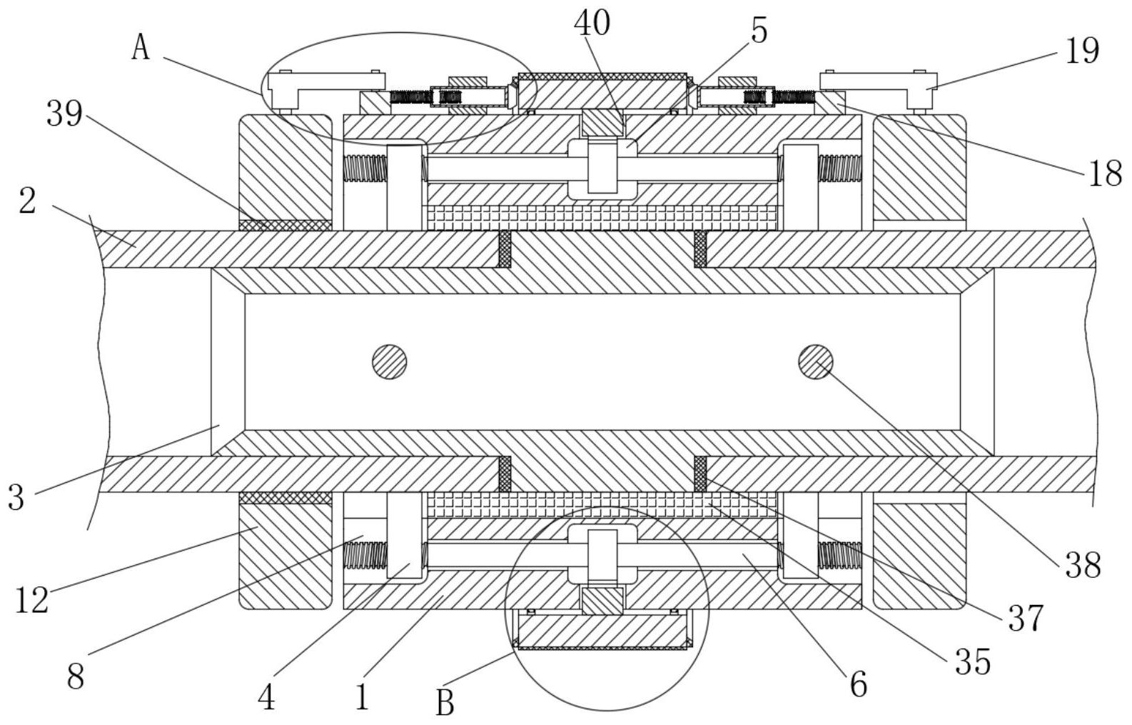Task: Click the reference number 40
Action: (592, 23)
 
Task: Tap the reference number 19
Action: (1082, 51)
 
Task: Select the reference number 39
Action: (65, 114)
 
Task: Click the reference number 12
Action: (32, 599)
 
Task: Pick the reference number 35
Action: (974, 661)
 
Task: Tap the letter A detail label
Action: (141, 48)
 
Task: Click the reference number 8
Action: (75, 675)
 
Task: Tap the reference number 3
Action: (16, 496)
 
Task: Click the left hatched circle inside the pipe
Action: (390, 362)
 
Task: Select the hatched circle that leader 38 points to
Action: (816, 362)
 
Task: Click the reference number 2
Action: (26, 201)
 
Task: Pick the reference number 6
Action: (858, 684)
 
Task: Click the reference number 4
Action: (266, 696)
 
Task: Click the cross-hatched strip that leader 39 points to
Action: (285, 225)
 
